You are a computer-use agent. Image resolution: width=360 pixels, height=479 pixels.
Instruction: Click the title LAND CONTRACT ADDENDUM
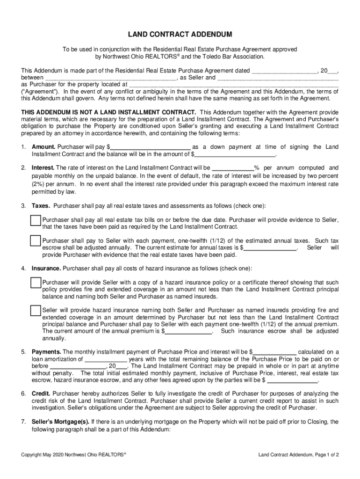180,35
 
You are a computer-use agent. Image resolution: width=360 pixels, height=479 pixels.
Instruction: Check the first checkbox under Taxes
36,221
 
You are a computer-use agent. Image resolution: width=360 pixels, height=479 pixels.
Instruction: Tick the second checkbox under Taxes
36,241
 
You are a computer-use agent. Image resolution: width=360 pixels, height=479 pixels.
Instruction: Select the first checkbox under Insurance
36,283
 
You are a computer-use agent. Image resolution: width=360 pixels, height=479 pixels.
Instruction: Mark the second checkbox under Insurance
36,311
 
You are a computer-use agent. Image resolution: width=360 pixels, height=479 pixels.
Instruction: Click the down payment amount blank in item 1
151,147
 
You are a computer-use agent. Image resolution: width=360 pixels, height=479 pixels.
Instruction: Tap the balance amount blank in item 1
235,154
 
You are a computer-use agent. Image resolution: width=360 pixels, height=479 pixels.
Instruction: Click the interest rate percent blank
233,168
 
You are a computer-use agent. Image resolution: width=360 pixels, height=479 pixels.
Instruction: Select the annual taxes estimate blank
270,248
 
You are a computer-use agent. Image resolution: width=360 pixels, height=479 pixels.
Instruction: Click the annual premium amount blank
188,331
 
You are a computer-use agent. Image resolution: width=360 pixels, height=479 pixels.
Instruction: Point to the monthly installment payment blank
274,352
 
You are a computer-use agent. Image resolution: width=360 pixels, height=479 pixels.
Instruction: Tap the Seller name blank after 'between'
110,78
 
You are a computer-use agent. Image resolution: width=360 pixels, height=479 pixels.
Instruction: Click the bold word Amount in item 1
43,147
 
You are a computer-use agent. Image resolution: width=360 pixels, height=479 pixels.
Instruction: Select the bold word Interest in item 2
43,168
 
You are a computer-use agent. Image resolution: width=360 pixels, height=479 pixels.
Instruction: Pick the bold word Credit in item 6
41,394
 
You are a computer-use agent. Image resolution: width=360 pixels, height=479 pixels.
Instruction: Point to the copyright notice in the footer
74,454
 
